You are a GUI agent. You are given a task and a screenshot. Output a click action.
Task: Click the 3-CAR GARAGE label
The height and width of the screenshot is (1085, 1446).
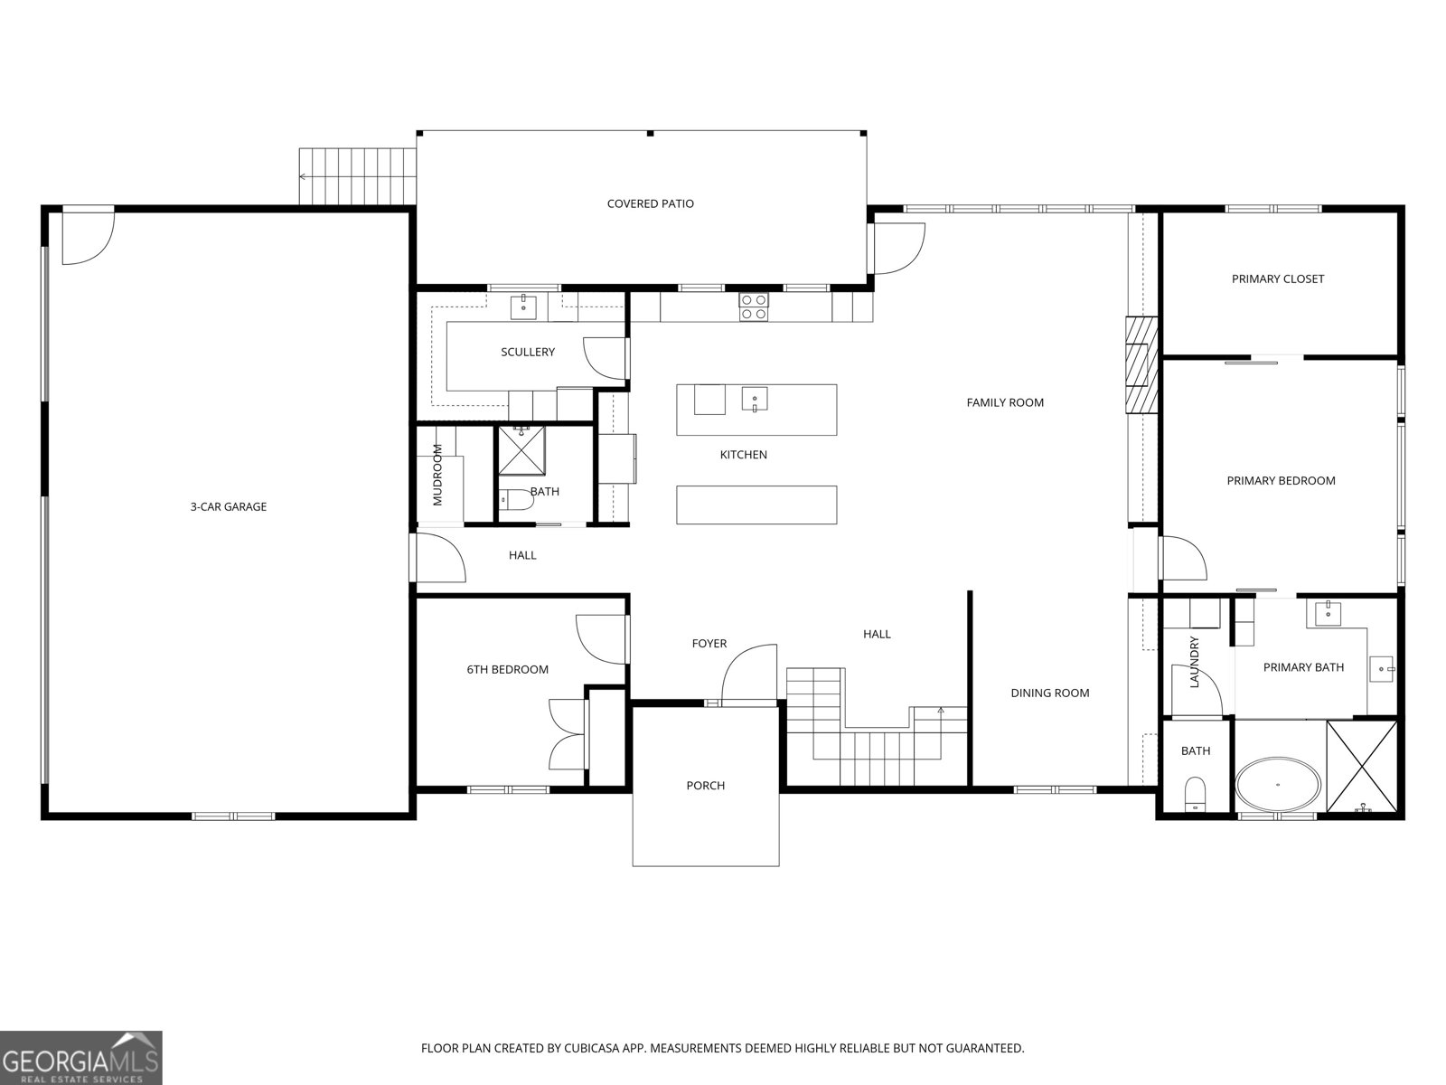(228, 506)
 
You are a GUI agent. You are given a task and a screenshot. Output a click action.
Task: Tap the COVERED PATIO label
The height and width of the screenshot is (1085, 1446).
(650, 203)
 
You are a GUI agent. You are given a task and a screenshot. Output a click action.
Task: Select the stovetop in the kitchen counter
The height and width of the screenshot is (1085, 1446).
(754, 307)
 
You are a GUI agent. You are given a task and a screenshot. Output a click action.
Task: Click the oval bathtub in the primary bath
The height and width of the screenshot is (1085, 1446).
(1277, 784)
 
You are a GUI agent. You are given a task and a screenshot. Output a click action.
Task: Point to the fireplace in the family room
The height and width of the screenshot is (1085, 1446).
(1141, 364)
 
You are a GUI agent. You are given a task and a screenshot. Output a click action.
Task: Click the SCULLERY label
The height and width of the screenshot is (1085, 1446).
(528, 352)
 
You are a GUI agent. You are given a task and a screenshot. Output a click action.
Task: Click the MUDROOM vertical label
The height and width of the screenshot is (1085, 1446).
(438, 475)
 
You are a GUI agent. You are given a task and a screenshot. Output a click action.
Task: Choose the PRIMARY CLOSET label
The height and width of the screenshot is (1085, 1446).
(1277, 278)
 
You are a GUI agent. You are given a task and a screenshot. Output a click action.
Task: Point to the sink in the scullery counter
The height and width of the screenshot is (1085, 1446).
(524, 307)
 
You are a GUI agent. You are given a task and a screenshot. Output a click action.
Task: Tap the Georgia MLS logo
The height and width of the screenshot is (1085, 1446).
(80, 1057)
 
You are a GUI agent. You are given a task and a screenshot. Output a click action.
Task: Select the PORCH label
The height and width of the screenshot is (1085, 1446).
(705, 785)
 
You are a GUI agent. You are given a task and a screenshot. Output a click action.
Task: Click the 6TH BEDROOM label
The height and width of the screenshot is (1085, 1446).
(507, 669)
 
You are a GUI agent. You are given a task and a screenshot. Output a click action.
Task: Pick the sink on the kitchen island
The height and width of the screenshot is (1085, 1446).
(755, 398)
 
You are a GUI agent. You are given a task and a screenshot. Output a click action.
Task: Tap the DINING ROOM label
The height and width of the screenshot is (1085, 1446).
(1049, 693)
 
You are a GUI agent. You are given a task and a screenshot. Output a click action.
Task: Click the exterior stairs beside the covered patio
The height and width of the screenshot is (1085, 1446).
(357, 176)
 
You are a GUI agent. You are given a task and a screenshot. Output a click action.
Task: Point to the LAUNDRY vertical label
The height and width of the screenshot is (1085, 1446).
(1194, 663)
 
